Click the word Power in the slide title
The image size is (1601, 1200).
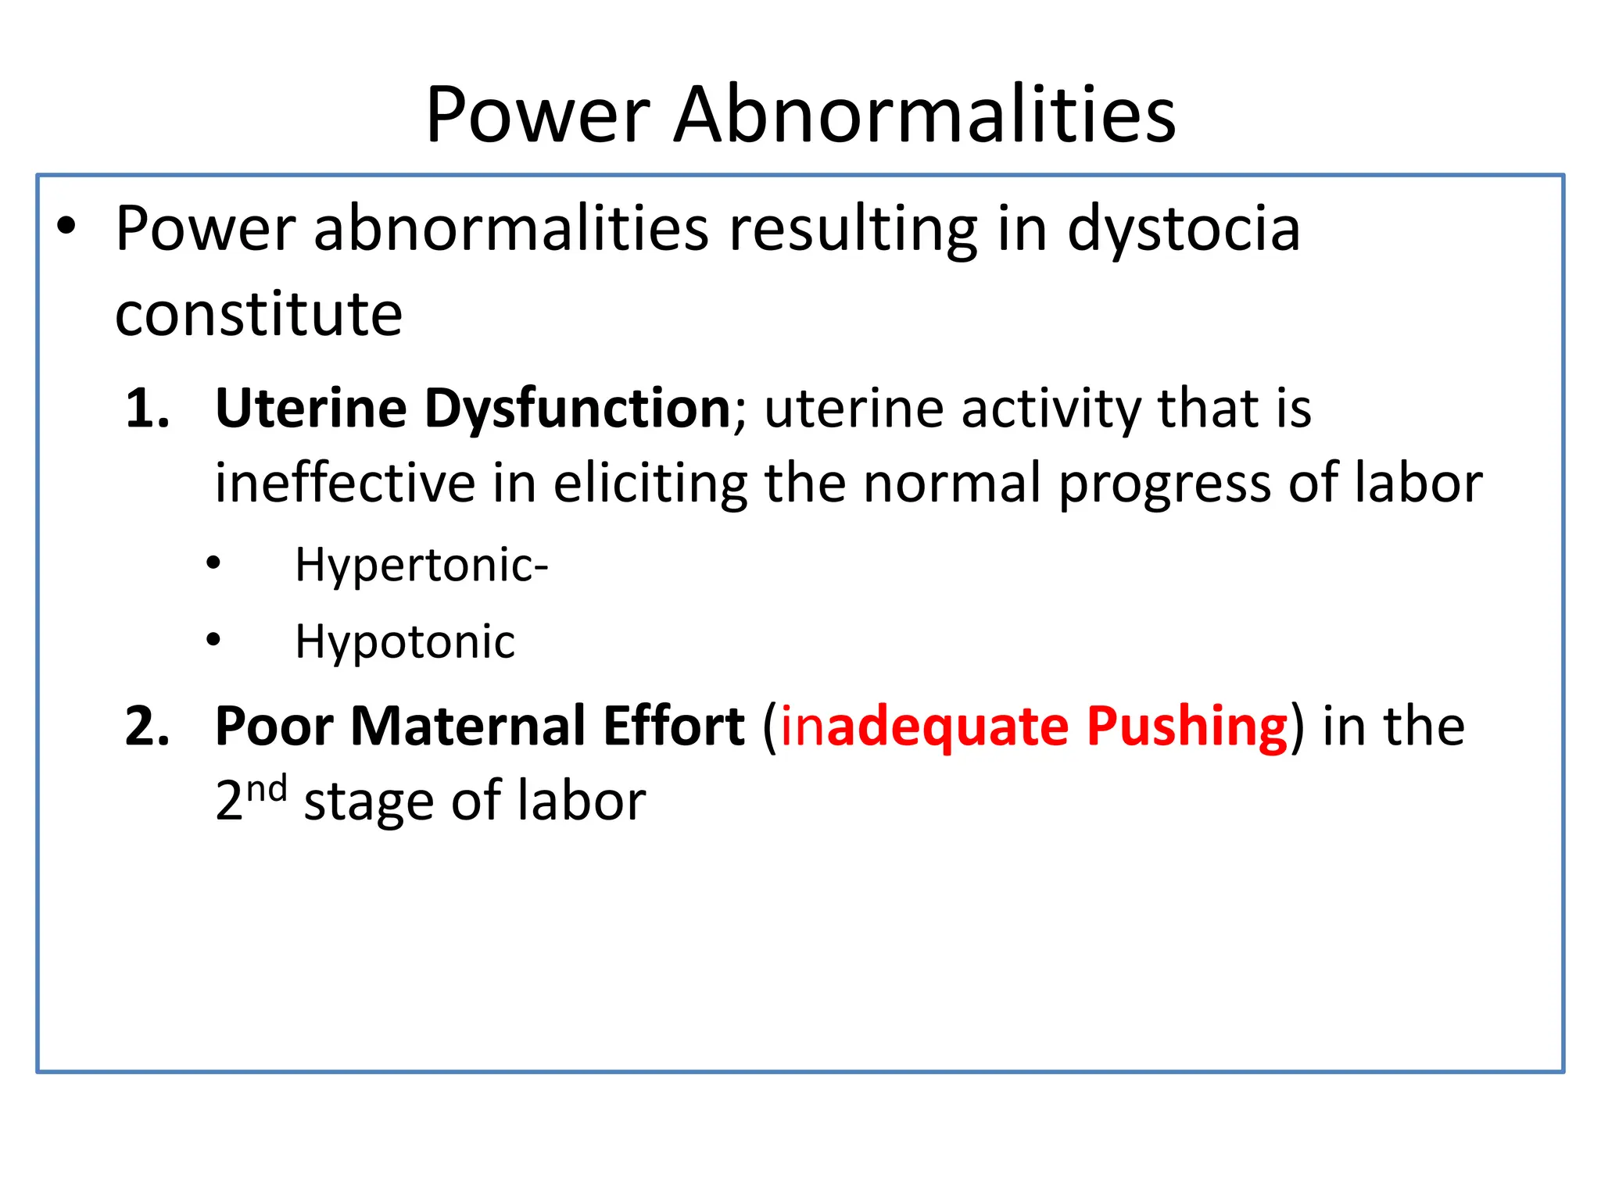pyautogui.click(x=538, y=116)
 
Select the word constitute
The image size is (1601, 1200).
pyautogui.click(x=259, y=314)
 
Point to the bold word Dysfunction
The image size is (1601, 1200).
pyautogui.click(x=577, y=409)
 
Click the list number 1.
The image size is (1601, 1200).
pyautogui.click(x=147, y=409)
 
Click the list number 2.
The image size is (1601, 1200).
pyautogui.click(x=147, y=727)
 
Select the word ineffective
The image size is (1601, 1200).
pyautogui.click(x=345, y=483)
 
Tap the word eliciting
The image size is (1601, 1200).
pyautogui.click(x=650, y=483)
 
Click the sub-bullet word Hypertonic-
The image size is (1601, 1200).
pyautogui.click(x=421, y=565)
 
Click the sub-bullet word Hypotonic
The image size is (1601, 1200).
pyautogui.click(x=404, y=643)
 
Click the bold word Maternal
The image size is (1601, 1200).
pyautogui.click(x=468, y=727)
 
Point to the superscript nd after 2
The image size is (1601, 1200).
pyautogui.click(x=267, y=789)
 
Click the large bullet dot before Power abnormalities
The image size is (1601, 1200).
pyautogui.click(x=66, y=227)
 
